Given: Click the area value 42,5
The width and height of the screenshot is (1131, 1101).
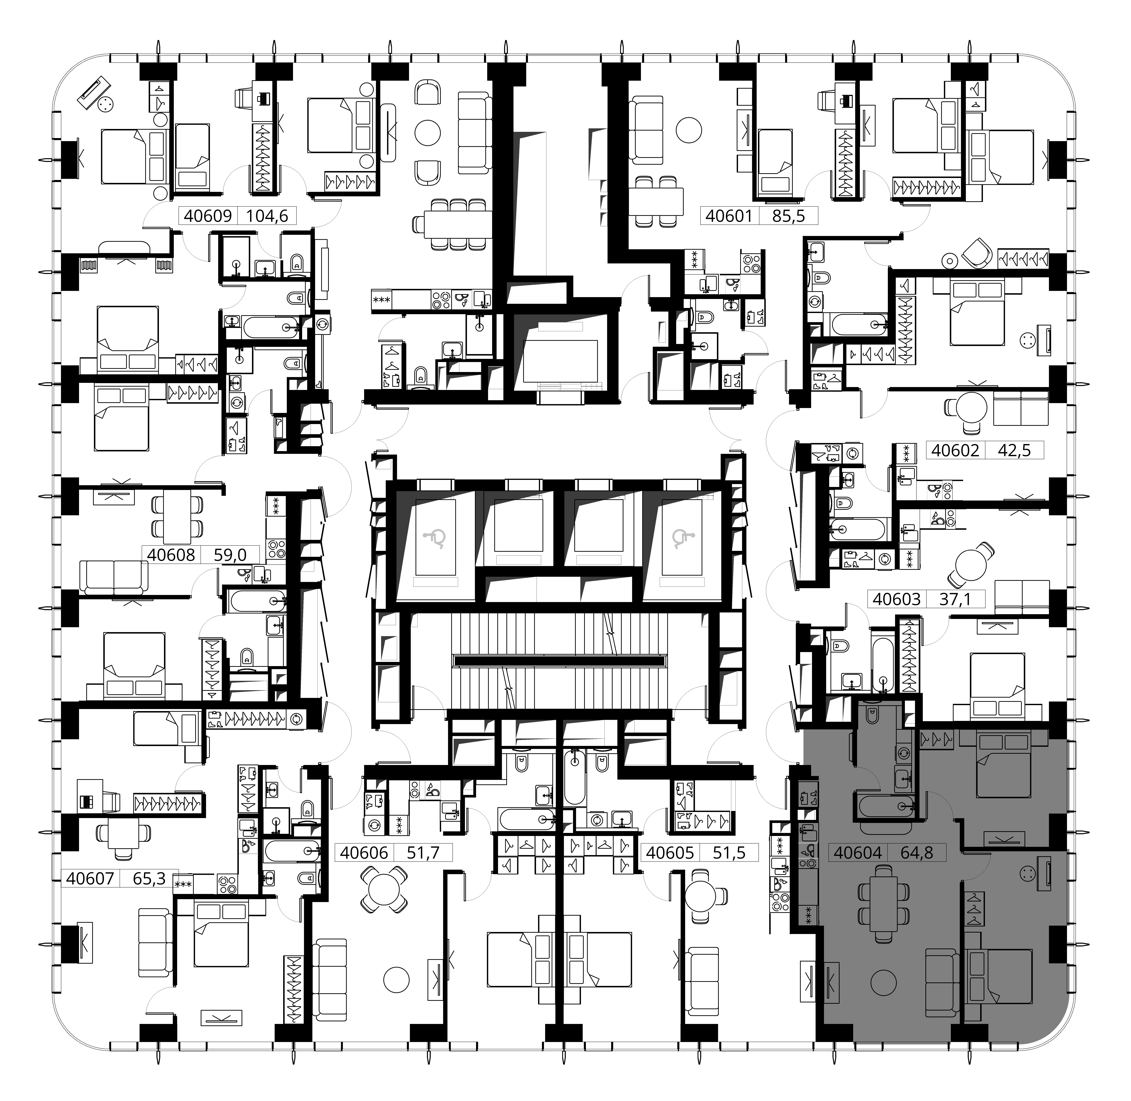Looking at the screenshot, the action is click(x=1015, y=450).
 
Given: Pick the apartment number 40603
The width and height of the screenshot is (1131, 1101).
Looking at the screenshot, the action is click(x=896, y=598).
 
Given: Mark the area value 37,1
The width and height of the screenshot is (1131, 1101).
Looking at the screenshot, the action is click(x=955, y=598).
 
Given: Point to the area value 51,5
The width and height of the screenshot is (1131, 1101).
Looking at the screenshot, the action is click(x=729, y=852).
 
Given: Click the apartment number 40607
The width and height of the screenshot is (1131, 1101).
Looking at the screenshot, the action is click(x=90, y=878).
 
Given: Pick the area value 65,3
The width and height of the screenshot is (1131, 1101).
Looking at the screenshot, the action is click(x=150, y=878).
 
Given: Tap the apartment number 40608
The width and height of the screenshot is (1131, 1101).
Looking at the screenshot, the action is click(x=171, y=554).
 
